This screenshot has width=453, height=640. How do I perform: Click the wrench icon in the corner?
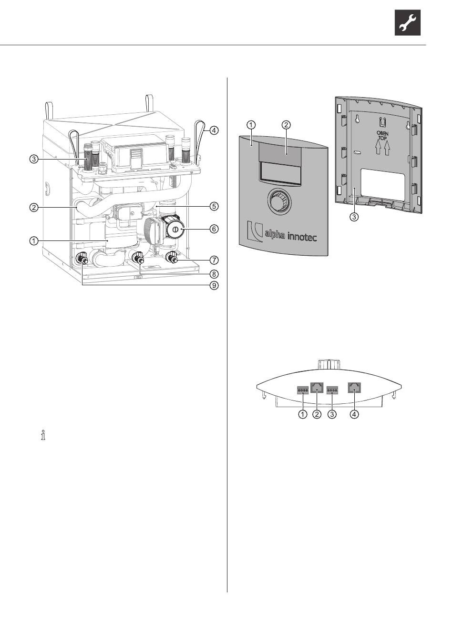click(x=408, y=22)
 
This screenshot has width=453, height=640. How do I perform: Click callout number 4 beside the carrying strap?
click(x=214, y=130)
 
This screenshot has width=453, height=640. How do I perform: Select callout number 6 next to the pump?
click(x=214, y=229)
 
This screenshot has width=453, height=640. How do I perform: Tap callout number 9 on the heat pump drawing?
click(x=214, y=285)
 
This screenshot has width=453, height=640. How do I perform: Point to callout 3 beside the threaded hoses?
click(x=34, y=159)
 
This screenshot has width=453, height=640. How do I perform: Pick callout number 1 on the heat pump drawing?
click(x=34, y=241)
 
